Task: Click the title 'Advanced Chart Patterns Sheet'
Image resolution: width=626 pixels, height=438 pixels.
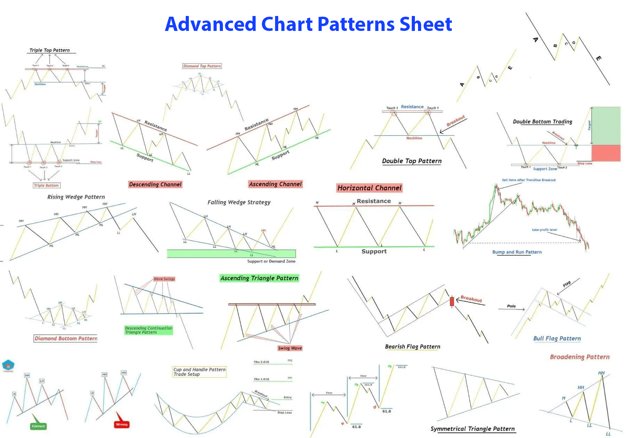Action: click(x=308, y=24)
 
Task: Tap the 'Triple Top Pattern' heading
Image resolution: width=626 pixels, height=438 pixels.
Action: click(x=49, y=50)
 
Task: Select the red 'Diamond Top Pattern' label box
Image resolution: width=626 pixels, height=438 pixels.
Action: click(x=202, y=66)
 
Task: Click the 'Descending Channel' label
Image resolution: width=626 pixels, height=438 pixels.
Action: click(x=155, y=184)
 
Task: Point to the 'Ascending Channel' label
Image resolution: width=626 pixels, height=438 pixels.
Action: click(x=275, y=184)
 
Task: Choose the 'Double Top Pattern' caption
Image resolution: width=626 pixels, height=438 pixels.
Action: click(x=412, y=161)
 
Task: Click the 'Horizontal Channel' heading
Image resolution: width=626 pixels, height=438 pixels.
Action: click(x=369, y=188)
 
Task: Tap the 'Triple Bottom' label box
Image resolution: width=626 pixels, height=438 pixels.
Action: click(x=46, y=185)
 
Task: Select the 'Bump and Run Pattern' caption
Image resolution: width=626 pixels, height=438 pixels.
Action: click(x=517, y=252)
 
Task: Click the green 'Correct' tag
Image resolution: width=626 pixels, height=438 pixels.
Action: click(x=38, y=426)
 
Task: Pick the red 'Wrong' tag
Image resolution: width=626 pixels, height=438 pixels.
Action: click(x=122, y=424)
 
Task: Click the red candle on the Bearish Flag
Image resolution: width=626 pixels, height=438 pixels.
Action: click(x=452, y=301)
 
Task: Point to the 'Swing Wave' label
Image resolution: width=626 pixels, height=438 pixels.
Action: click(x=290, y=348)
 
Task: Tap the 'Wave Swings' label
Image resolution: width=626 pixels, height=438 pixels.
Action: click(x=164, y=279)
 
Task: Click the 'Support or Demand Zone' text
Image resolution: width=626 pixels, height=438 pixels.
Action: click(x=271, y=261)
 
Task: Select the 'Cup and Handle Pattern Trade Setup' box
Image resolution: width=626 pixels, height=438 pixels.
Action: click(x=199, y=372)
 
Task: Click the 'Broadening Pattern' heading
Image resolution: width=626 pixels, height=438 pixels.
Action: click(x=579, y=357)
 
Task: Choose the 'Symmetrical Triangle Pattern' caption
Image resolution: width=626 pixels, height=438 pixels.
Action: click(x=472, y=429)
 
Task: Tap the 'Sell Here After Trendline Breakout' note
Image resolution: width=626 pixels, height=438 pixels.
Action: click(x=529, y=180)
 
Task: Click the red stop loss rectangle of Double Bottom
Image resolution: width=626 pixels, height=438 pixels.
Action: click(x=606, y=153)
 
